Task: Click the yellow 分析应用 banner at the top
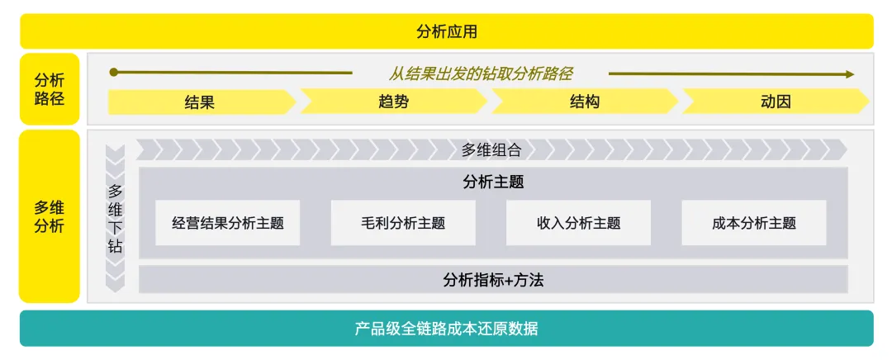pos(446,31)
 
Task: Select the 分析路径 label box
pos(50,89)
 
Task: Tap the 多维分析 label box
pos(50,216)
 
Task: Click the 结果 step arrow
pos(201,102)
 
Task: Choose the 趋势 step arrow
pos(392,102)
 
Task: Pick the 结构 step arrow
pos(584,102)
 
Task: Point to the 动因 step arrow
pos(775,102)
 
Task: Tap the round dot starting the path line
pos(114,73)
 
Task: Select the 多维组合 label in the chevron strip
pos(491,149)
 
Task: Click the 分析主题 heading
pos(493,182)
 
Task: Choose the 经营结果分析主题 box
pos(227,223)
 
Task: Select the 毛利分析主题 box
pos(403,223)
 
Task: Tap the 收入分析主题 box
pos(578,223)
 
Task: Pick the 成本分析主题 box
pos(753,223)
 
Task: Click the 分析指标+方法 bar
pos(493,279)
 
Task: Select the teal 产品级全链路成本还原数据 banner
pos(446,328)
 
